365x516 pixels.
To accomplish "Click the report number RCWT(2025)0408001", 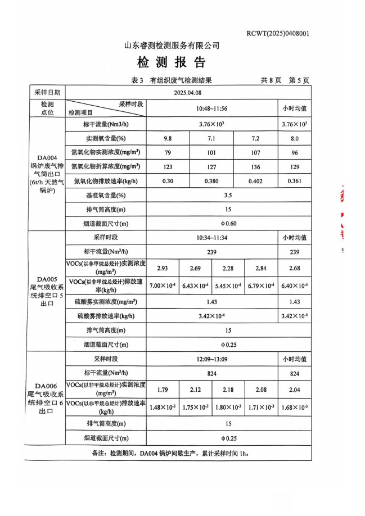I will (278, 34).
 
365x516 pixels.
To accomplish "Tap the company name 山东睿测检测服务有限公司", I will (172, 46).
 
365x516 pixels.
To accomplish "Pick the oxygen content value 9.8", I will (168, 138).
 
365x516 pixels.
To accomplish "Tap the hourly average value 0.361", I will (294, 181).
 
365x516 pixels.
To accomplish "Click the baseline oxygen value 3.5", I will (228, 196).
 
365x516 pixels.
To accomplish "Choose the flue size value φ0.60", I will (228, 224).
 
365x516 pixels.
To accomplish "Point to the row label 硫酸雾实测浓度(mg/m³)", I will (105, 302).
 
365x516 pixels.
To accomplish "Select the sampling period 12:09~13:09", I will (211, 359).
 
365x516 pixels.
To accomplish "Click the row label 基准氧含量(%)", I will (105, 196).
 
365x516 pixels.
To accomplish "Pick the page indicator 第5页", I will (299, 80).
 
